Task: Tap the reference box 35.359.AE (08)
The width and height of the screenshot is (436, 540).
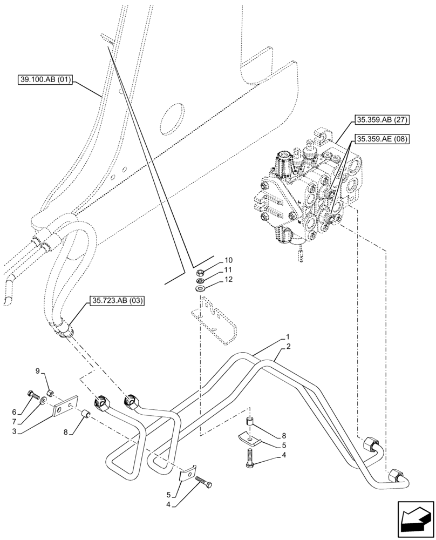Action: click(x=381, y=139)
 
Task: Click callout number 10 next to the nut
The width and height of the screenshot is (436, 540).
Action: click(x=228, y=260)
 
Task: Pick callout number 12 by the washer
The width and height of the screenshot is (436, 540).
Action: click(x=228, y=280)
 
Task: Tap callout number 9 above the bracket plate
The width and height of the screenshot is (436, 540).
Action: click(x=38, y=370)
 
